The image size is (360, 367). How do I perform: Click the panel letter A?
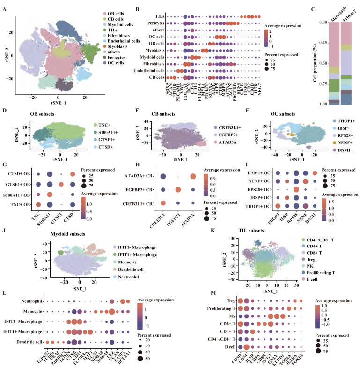click(5, 6)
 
